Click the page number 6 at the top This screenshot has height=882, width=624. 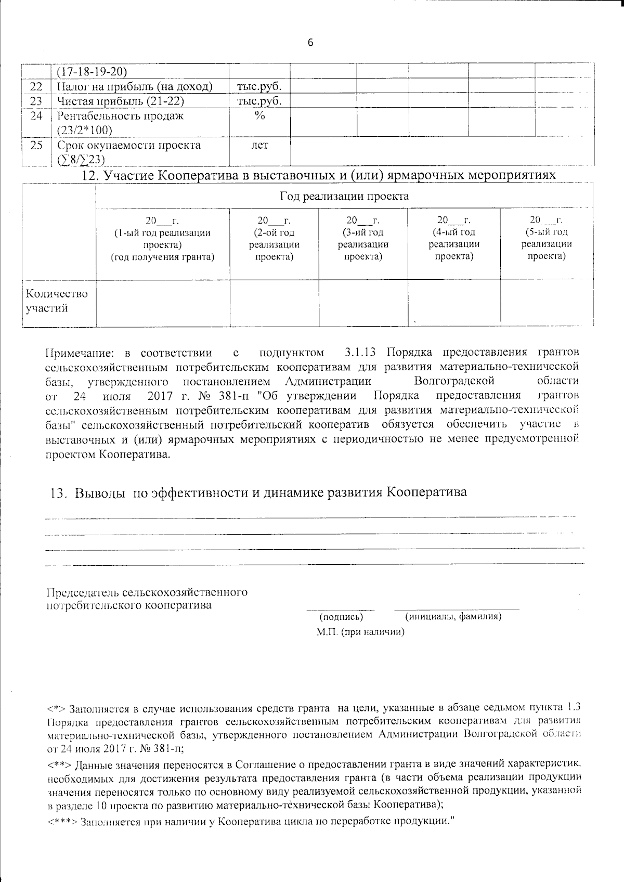[x=310, y=43]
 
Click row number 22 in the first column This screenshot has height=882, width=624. [x=36, y=86]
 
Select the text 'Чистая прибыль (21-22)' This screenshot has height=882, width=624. [x=121, y=101]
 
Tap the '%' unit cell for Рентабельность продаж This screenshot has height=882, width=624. [x=259, y=116]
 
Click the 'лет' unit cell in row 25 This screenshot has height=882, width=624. [x=259, y=146]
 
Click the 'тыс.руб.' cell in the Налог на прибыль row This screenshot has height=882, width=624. [x=259, y=86]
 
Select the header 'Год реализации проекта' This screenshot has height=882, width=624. [x=344, y=196]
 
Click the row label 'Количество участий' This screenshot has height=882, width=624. [x=57, y=301]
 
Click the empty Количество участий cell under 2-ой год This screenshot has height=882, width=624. [x=274, y=303]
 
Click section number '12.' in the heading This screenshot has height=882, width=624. [x=92, y=176]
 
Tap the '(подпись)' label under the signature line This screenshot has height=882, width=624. [x=341, y=617]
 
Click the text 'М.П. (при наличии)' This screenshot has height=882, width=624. [x=360, y=632]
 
